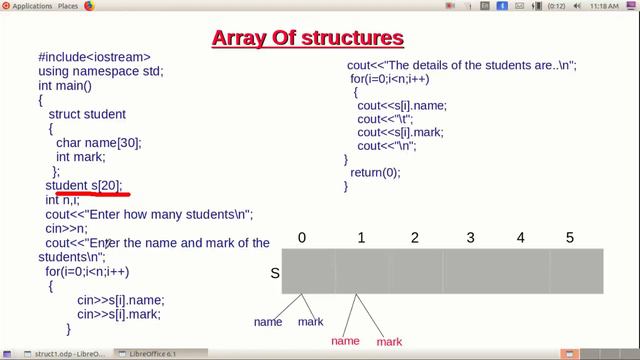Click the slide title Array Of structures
pos(307,38)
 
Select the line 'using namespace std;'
pos(100,72)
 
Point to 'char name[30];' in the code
pos(99,143)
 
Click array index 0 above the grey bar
pos(302,238)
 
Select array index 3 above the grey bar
pos(470,238)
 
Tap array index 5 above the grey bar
pos(570,238)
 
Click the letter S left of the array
pos(275,273)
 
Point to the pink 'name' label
pos(345,341)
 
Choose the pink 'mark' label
pos(389,342)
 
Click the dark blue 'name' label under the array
pos(268,322)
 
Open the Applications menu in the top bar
pos(32,6)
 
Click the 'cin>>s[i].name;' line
pos(120,300)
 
